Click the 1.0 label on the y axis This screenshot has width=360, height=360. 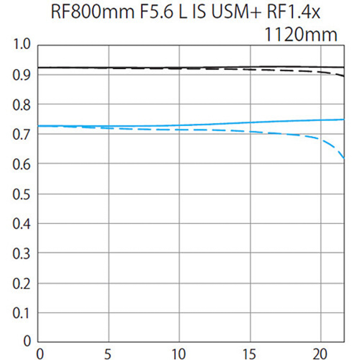[x=22, y=44]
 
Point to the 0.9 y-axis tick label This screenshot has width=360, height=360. [x=22, y=75]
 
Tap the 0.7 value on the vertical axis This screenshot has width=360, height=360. [x=22, y=135]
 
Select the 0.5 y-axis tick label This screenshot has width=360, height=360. [x=22, y=194]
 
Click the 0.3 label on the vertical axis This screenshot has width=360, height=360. [x=22, y=254]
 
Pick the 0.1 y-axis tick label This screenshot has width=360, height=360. [x=22, y=313]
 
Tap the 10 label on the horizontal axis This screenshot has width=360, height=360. [x=179, y=354]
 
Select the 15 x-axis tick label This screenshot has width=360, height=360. [x=250, y=354]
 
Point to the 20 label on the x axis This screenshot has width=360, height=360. [x=320, y=354]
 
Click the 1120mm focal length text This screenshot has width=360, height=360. [x=301, y=35]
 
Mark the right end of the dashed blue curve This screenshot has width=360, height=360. [x=344, y=158]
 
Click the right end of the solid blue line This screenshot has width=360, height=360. [x=344, y=119]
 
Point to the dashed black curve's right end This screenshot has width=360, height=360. [x=344, y=76]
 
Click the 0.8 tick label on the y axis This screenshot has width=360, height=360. [x=22, y=105]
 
